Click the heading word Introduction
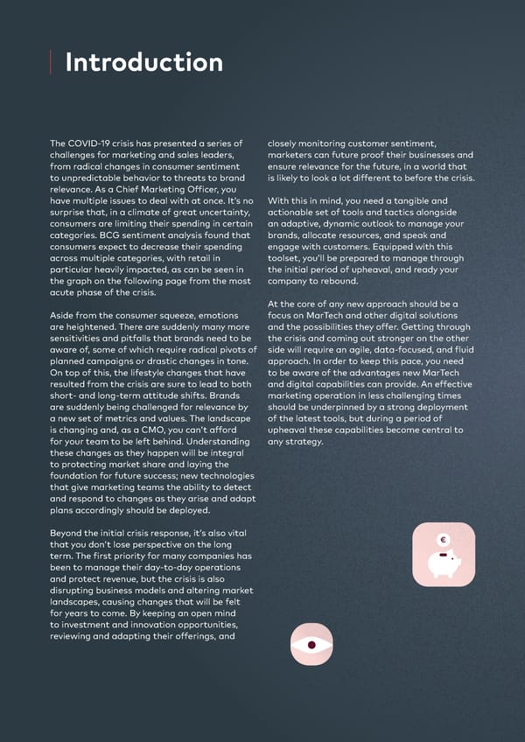[x=143, y=63]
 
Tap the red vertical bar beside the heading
[x=51, y=63]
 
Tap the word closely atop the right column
[x=287, y=143]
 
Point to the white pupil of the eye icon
[x=311, y=645]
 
